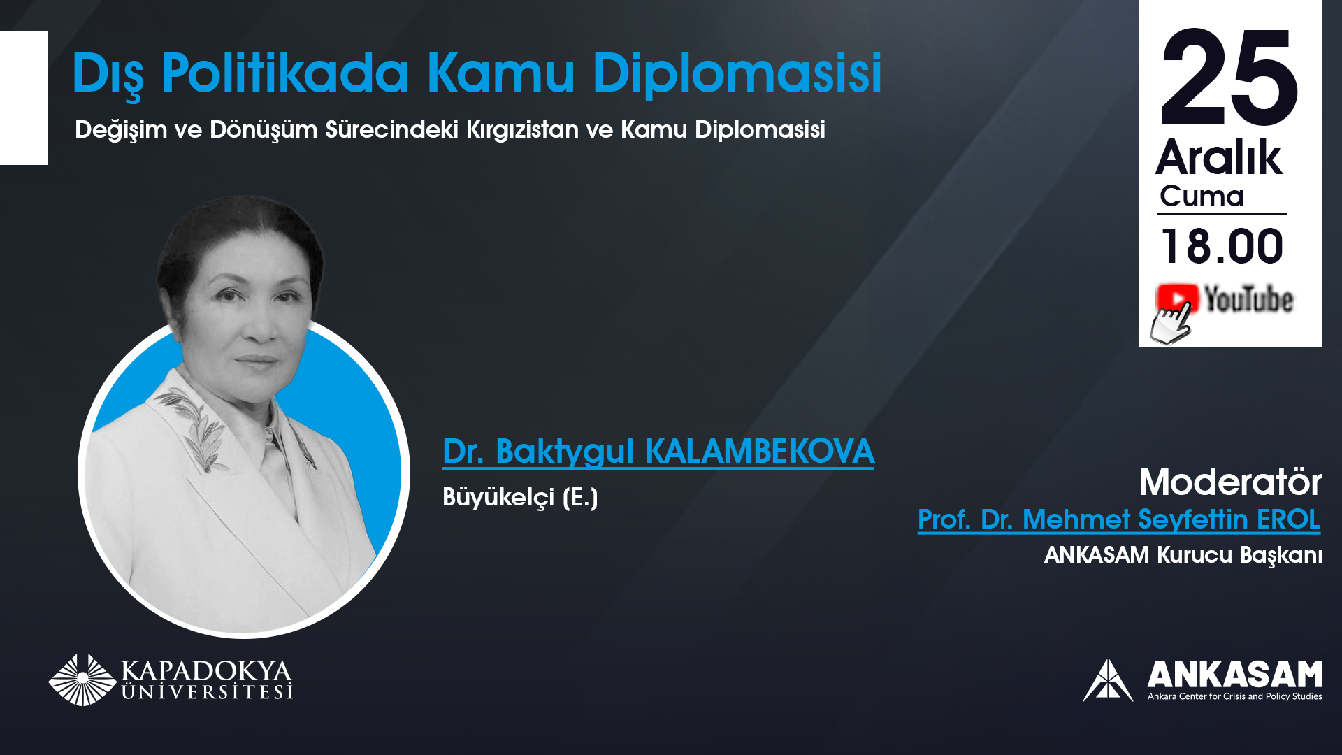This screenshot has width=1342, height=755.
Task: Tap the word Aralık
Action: tap(1219, 157)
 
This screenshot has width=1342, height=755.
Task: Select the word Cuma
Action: tap(1202, 196)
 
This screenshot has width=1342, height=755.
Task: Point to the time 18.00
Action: tap(1222, 246)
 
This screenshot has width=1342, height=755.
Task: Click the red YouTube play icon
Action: tap(1178, 298)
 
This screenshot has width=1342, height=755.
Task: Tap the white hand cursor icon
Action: tap(1171, 324)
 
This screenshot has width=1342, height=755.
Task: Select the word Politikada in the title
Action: tap(285, 72)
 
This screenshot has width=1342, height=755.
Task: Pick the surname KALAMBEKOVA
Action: tap(760, 451)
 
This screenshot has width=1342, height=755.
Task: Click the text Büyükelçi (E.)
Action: tap(520, 497)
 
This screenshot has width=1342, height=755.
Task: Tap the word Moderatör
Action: tap(1230, 482)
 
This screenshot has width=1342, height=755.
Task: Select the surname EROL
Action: tap(1288, 519)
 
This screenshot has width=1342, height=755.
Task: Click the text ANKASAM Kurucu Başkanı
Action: tap(1183, 555)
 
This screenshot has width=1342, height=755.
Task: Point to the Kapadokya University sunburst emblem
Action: tap(82, 679)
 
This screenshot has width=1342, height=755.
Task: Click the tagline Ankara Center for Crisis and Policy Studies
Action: tap(1234, 696)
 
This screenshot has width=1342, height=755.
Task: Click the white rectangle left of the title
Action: tap(24, 98)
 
